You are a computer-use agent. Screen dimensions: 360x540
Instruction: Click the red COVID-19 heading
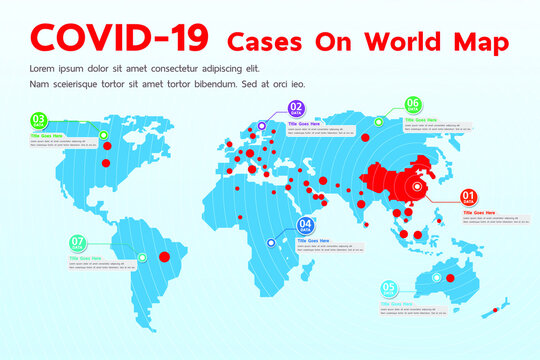(120, 37)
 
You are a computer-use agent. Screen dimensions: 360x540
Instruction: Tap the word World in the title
(402, 42)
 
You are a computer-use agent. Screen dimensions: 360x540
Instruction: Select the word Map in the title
(479, 43)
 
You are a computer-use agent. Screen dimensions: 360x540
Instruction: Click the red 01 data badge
(469, 197)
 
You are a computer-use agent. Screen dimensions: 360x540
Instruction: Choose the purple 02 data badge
(296, 109)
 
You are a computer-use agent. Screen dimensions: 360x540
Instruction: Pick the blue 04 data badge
(306, 226)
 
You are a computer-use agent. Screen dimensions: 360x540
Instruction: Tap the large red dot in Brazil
(166, 255)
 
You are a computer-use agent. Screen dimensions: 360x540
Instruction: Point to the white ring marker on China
(418, 185)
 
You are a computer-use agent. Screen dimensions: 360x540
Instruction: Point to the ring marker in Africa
(269, 242)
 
